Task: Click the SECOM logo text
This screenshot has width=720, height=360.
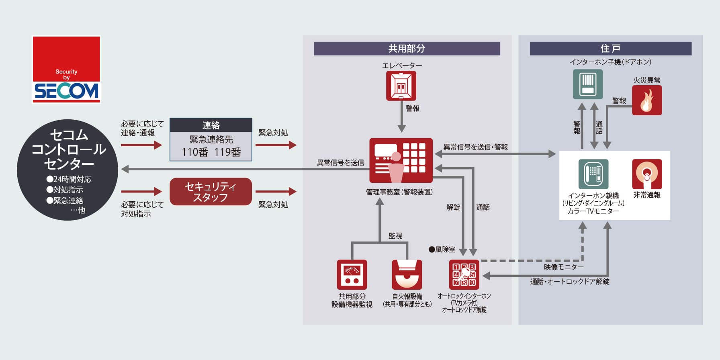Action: pyautogui.click(x=66, y=91)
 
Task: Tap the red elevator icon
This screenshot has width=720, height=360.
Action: pyautogui.click(x=401, y=86)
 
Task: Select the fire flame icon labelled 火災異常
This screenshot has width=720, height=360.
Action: pyautogui.click(x=647, y=100)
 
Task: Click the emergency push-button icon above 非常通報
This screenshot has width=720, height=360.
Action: pyautogui.click(x=647, y=174)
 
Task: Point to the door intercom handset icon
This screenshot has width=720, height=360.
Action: pyautogui.click(x=588, y=84)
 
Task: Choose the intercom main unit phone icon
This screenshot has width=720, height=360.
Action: pyautogui.click(x=593, y=174)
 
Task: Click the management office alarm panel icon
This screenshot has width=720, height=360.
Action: pyautogui.click(x=401, y=160)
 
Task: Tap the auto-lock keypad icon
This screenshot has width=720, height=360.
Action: pyautogui.click(x=464, y=275)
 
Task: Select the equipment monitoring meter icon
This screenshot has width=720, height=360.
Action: pyautogui.click(x=352, y=275)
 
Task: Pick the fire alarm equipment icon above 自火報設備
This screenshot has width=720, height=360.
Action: pyautogui.click(x=407, y=275)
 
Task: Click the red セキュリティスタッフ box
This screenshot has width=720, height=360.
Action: pyautogui.click(x=211, y=192)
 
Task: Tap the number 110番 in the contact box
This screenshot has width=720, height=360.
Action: pyautogui.click(x=195, y=152)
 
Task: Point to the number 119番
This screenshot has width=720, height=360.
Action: pyautogui.click(x=227, y=152)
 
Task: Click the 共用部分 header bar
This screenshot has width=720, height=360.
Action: pyautogui.click(x=407, y=49)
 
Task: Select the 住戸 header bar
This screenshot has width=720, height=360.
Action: pyautogui.click(x=610, y=49)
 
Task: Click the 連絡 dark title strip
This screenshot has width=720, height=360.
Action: pyautogui.click(x=211, y=125)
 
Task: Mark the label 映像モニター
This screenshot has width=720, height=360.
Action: pyautogui.click(x=564, y=267)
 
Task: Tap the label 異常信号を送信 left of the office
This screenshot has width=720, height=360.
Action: pyautogui.click(x=340, y=163)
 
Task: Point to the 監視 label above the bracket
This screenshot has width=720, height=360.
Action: pyautogui.click(x=395, y=236)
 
